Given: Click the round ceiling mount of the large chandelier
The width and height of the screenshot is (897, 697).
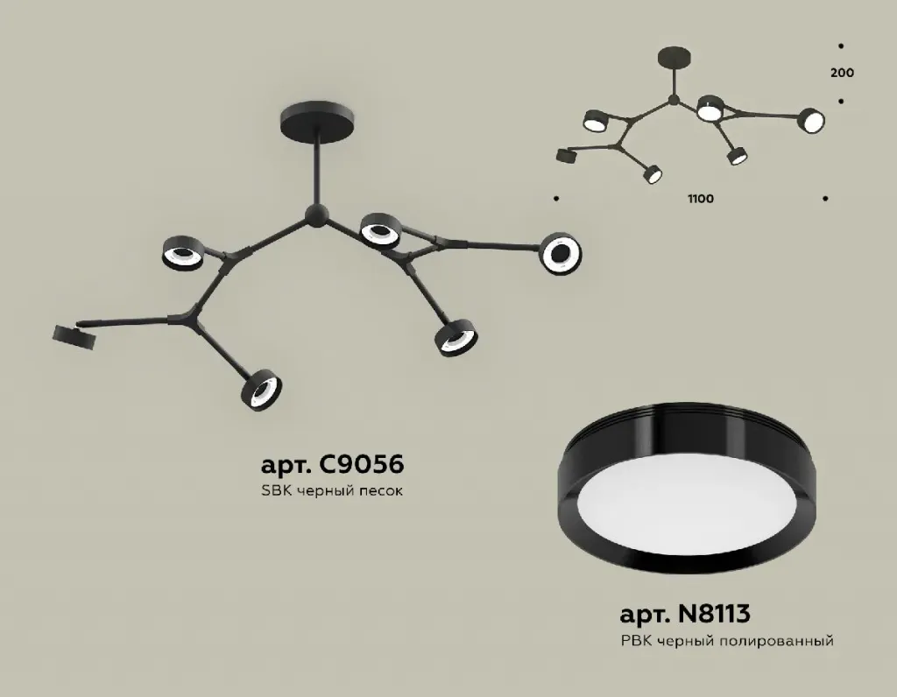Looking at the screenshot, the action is tap(317, 118).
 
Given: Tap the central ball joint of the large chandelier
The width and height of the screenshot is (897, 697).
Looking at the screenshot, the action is tap(315, 215).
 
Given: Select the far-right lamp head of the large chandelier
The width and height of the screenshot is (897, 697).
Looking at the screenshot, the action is tap(561, 253).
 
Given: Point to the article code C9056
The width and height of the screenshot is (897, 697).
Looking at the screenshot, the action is tap(362, 464).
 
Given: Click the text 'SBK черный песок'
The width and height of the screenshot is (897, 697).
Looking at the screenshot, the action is tap(332, 490).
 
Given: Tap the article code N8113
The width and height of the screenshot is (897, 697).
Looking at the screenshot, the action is tap(713, 614).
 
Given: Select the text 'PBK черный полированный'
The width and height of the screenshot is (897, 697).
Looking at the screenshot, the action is tap(727, 642).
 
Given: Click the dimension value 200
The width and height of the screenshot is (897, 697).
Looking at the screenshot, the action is tap(842, 73).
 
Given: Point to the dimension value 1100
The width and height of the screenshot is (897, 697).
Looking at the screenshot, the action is tap(701, 199).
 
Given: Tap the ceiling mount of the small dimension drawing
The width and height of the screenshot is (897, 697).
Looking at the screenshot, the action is tap(675, 59).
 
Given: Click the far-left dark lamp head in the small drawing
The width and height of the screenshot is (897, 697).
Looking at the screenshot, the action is tap(567, 155).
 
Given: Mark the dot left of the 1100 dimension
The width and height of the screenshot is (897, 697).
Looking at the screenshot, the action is tap(556, 199).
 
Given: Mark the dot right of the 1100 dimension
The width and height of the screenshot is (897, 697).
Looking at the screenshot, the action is tap(825, 199).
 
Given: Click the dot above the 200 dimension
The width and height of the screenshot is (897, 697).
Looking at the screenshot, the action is tap(840, 46).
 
